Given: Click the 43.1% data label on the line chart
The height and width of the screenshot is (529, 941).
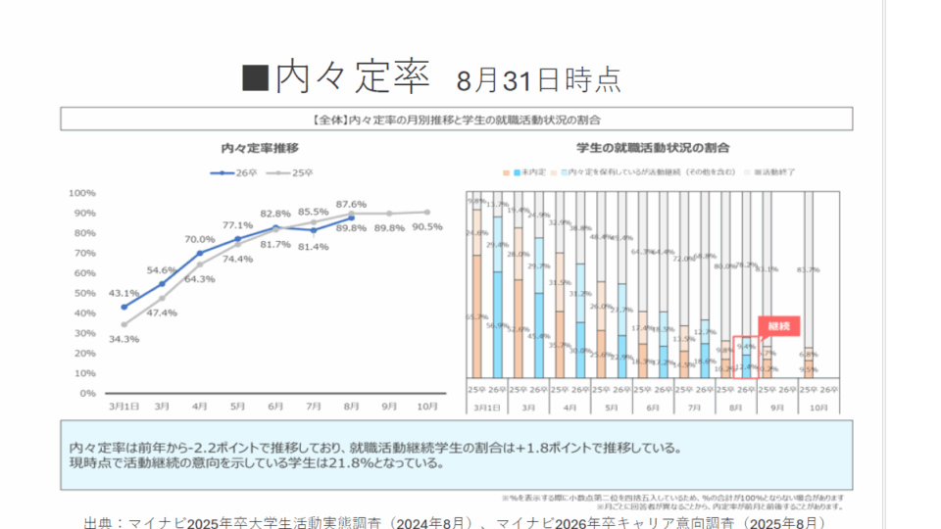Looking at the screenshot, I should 124,293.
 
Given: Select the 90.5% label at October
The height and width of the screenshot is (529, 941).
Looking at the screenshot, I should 427,226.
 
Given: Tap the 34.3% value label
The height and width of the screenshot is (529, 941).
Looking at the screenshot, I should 124,338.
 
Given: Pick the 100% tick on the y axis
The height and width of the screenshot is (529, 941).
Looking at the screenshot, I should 82,193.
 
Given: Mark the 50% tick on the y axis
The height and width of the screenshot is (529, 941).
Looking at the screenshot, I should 84,293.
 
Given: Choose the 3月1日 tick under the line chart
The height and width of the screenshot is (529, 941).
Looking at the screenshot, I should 124,405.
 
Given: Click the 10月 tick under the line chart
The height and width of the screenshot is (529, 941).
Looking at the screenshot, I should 427,405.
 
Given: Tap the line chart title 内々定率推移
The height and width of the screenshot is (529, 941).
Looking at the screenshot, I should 259,148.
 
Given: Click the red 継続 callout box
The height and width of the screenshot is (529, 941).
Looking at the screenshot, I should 779,323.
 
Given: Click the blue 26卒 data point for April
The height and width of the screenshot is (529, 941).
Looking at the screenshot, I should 200,253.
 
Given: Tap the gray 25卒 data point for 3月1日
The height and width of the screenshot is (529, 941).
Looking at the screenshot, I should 124,324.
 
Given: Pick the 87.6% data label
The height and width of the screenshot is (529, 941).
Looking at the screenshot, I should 351,204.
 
